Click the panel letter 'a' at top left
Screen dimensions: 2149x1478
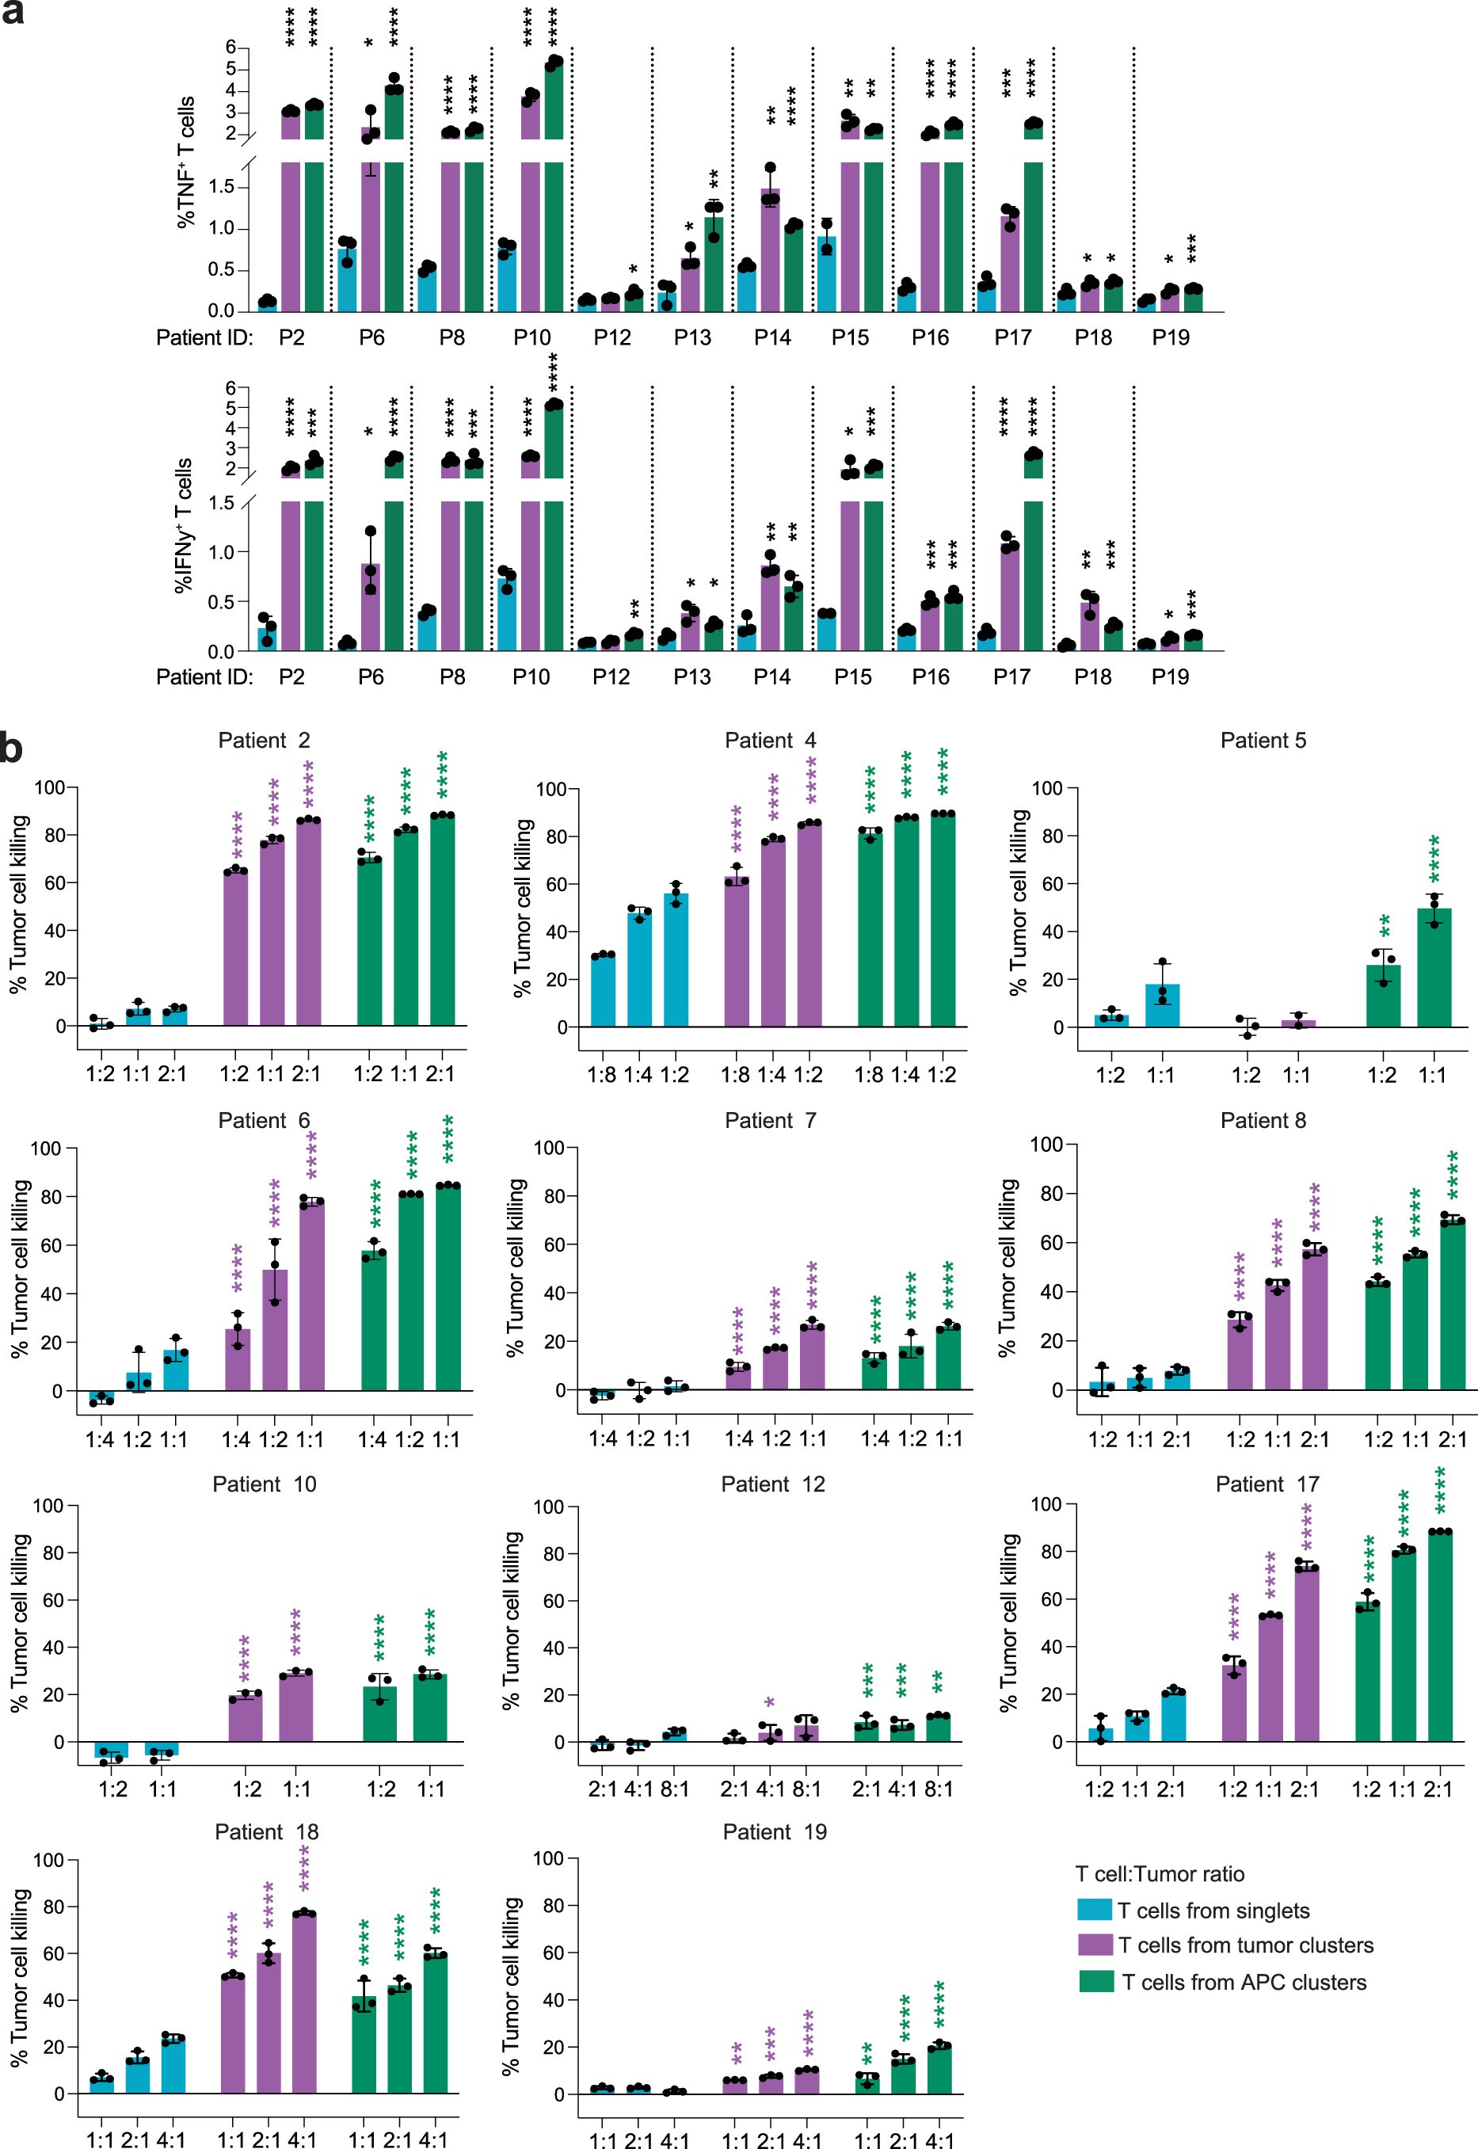tap(12, 12)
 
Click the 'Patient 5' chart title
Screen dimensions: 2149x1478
tap(1263, 741)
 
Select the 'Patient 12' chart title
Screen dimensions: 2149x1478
tap(772, 1484)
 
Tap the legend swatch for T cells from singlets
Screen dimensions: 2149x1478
tap(1094, 1909)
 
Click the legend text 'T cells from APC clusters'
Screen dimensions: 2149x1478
tap(1244, 1983)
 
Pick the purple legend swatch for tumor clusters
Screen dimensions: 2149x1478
tap(1094, 1945)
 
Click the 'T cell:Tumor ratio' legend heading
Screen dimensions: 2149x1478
tap(1160, 1874)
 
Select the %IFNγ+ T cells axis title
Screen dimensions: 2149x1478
tap(185, 525)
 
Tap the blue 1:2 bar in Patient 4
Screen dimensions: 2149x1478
tap(676, 961)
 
